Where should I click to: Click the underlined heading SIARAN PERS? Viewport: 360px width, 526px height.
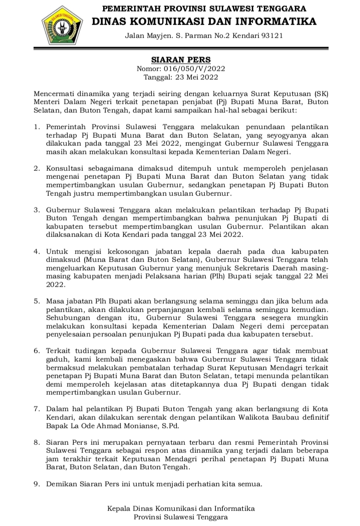coord(181,60)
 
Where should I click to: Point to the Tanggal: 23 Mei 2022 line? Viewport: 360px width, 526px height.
coord(181,77)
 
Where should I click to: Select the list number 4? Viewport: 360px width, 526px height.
coord(37,250)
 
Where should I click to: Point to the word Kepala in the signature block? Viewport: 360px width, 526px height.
coord(120,508)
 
